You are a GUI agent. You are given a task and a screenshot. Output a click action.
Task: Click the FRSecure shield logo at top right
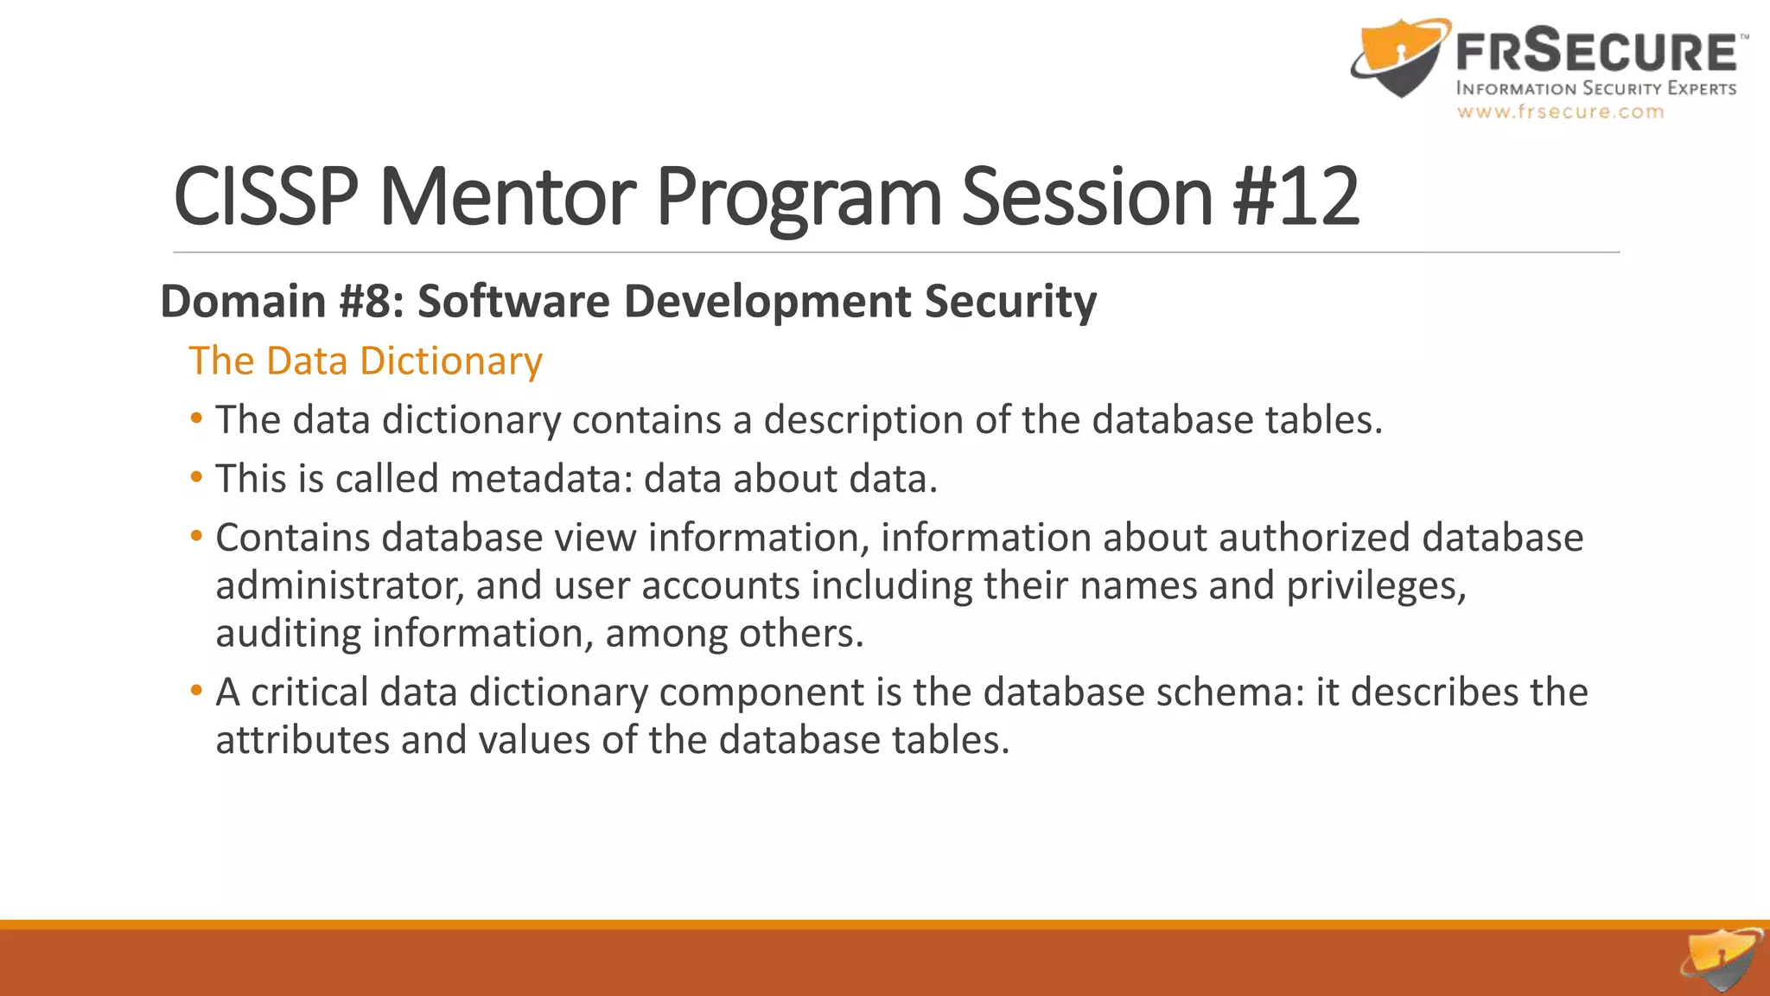(x=1398, y=59)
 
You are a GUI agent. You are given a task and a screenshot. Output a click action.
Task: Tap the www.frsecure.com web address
(x=1560, y=112)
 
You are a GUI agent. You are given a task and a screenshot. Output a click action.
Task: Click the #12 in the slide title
(x=1296, y=197)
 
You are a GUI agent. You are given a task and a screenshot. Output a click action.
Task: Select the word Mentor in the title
(x=507, y=197)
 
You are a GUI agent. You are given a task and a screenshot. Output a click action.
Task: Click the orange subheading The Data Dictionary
(x=366, y=361)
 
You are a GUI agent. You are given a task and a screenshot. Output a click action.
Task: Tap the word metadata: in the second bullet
(x=541, y=478)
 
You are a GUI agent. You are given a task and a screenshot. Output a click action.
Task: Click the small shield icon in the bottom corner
(x=1722, y=959)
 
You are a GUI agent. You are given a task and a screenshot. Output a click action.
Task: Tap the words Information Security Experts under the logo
(x=1595, y=88)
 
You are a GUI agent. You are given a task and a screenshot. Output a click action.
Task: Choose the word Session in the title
(x=1087, y=197)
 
